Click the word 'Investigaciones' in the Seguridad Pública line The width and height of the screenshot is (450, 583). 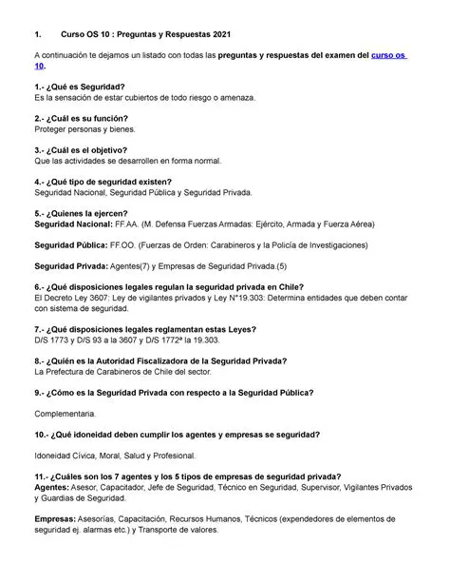point(333,244)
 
